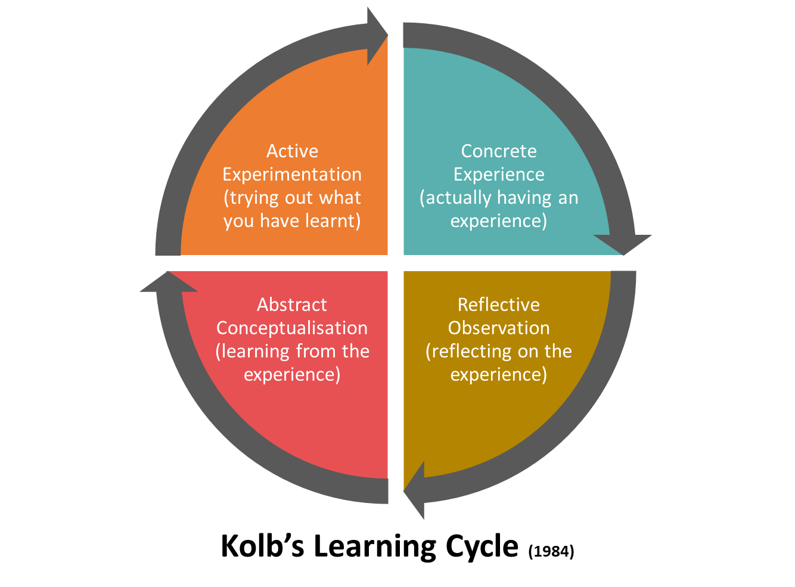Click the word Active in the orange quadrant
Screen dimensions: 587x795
(292, 151)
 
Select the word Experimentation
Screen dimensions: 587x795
(292, 175)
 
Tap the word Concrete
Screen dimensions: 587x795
(499, 151)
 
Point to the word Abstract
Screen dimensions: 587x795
(292, 305)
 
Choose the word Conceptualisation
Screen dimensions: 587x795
(292, 328)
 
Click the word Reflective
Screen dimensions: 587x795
(499, 305)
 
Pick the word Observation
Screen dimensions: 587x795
(499, 328)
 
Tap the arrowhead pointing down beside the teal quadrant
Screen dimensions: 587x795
(623, 243)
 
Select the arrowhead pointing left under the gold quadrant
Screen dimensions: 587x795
(416, 490)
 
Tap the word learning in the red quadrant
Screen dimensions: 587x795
(247, 352)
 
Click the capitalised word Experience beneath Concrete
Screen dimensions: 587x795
(499, 175)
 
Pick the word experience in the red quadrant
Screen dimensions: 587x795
(292, 375)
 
